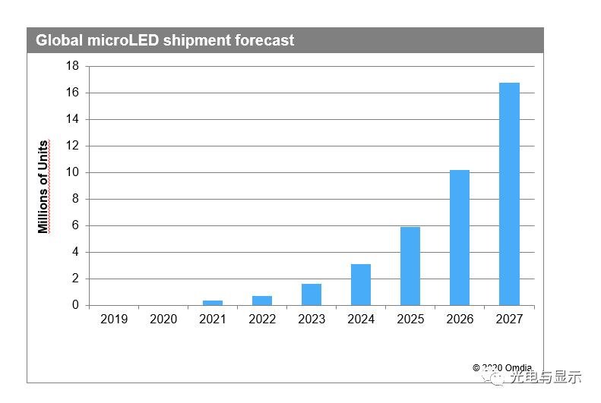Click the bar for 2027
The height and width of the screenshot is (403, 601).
[x=509, y=194]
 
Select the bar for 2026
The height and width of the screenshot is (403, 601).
[x=460, y=238]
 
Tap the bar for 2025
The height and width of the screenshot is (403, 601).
[x=410, y=266]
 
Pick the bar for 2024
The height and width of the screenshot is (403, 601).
[x=361, y=285]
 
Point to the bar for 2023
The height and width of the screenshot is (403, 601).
[x=312, y=294]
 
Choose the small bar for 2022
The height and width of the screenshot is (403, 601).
[x=262, y=301]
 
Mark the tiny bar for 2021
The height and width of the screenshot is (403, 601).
[x=213, y=303]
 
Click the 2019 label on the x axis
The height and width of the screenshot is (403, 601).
[x=114, y=320]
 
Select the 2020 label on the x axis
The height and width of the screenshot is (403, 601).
[x=163, y=320]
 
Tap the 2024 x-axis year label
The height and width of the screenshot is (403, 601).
[x=361, y=320]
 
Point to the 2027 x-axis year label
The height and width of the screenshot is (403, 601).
[x=509, y=320]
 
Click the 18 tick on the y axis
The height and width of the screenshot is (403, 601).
[x=72, y=66]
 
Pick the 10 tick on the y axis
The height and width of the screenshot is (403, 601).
[x=72, y=172]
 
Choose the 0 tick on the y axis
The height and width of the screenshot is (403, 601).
[x=75, y=305]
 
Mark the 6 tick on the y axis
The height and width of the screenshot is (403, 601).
[x=75, y=225]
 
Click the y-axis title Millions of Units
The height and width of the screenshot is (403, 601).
[x=43, y=187]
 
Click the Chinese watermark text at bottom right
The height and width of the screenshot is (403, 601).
[x=546, y=376]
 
